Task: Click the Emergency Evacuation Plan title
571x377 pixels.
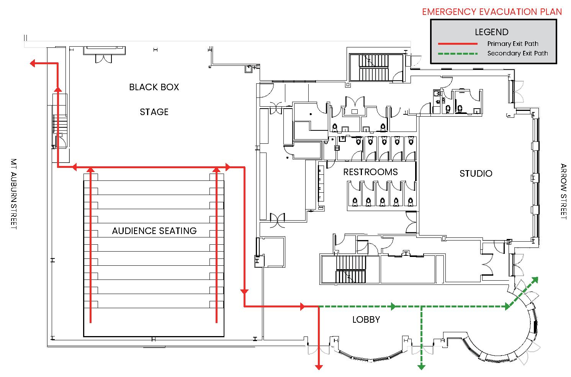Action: pyautogui.click(x=492, y=11)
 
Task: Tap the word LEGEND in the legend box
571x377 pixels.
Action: pyautogui.click(x=492, y=32)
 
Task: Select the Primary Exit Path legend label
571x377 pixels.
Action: pyautogui.click(x=513, y=44)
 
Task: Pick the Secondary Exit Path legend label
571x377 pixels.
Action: pyautogui.click(x=517, y=54)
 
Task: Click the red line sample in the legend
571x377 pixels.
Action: pyautogui.click(x=458, y=44)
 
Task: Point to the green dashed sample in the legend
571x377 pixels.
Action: pyautogui.click(x=458, y=54)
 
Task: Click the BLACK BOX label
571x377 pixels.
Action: pyautogui.click(x=154, y=87)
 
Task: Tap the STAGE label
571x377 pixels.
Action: pyautogui.click(x=154, y=112)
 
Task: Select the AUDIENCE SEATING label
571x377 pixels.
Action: pyautogui.click(x=154, y=231)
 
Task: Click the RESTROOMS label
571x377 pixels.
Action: pyautogui.click(x=370, y=172)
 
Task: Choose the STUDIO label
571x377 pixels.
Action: pyautogui.click(x=476, y=174)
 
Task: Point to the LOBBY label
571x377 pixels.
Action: pyautogui.click(x=366, y=320)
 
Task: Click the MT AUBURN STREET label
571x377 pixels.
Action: pyautogui.click(x=14, y=194)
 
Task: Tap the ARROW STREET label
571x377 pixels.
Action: pyautogui.click(x=563, y=192)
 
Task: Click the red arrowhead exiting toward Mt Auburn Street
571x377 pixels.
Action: pyautogui.click(x=33, y=63)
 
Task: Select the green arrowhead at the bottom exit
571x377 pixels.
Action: pyautogui.click(x=421, y=367)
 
